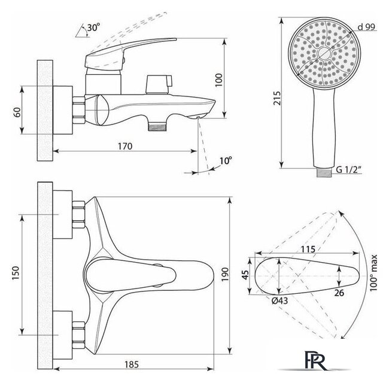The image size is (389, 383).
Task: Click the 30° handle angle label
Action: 93,27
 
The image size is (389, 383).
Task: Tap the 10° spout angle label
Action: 226,161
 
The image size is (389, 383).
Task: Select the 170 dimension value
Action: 125,147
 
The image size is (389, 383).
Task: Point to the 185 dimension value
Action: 132,364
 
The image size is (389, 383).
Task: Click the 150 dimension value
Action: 16,273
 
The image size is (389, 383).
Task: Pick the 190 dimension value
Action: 225,275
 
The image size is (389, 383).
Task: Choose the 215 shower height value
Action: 277,98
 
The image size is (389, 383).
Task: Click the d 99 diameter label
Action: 366,27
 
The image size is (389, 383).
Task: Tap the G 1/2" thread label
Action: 348,170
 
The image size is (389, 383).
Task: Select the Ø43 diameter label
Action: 280,300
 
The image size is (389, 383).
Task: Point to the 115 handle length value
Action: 308,249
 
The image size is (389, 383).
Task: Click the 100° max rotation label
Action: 373,273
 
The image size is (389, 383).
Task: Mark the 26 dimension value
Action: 339,293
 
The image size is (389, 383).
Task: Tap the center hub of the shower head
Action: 324,53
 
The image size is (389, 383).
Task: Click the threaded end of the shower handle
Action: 324,172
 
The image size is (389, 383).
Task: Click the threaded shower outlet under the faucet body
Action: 157,127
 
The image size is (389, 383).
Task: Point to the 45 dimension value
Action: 245,275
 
